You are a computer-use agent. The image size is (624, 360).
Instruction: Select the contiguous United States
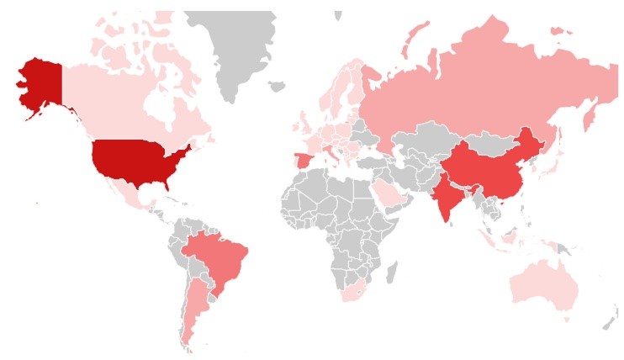(139, 160)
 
